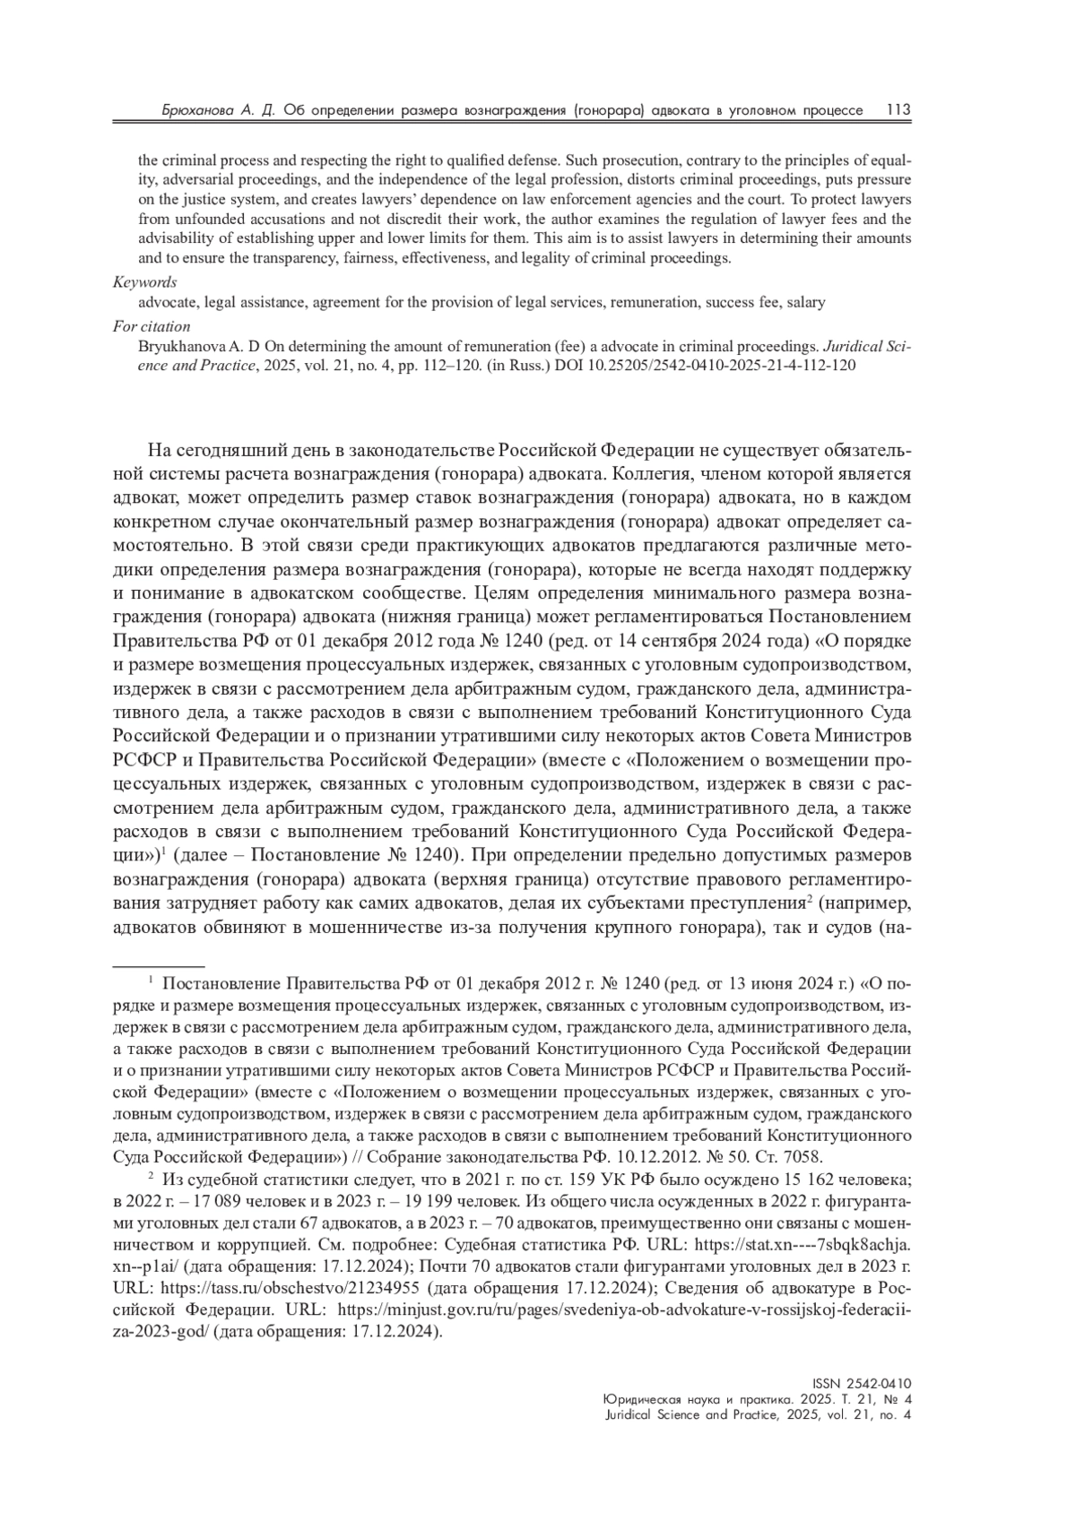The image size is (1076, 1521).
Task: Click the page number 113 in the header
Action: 898,110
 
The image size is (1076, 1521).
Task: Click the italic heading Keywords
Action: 144,282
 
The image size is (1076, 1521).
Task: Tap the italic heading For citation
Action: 152,326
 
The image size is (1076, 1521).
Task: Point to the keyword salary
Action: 805,303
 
